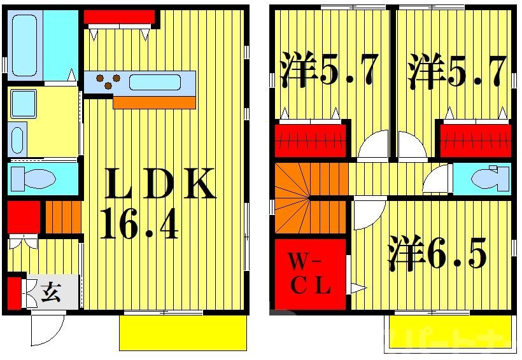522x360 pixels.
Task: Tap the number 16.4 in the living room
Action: pos(139,225)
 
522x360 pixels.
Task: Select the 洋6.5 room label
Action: pos(437,253)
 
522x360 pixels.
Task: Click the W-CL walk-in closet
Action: pos(310,273)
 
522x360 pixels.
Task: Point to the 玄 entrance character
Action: pos(51,293)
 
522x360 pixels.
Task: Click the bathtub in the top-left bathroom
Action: pos(25,45)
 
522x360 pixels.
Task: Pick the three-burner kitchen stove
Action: pos(107,82)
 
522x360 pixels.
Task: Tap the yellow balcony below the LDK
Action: pos(183,332)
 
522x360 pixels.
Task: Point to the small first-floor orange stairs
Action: pos(62,218)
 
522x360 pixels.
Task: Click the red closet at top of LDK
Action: pos(120,16)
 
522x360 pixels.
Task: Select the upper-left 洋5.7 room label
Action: pos(329,72)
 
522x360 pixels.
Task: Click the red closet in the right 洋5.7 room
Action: pos(474,141)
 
